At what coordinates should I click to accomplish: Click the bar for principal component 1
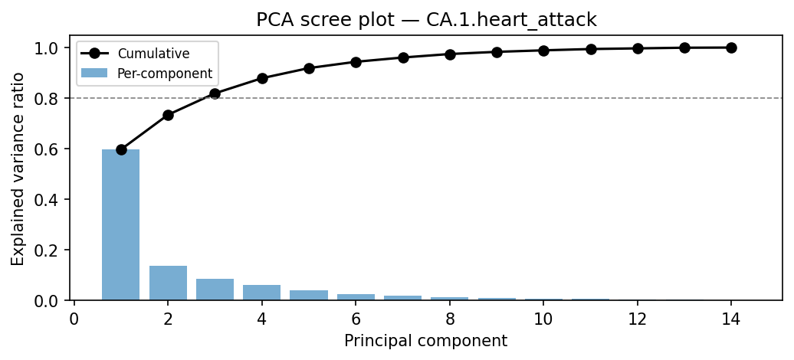pyautogui.click(x=121, y=225)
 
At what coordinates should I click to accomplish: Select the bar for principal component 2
pyautogui.click(x=168, y=283)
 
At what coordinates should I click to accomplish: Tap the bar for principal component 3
pyautogui.click(x=215, y=290)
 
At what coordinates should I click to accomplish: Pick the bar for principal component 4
pyautogui.click(x=262, y=293)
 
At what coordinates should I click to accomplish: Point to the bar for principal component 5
pyautogui.click(x=309, y=295)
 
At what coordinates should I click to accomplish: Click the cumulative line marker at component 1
pyautogui.click(x=121, y=149)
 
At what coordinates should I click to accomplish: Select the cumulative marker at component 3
pyautogui.click(x=215, y=93)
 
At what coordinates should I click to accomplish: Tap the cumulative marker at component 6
pyautogui.click(x=356, y=62)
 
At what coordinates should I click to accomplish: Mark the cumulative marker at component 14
pyautogui.click(x=731, y=47)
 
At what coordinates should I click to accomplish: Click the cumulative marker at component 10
pyautogui.click(x=543, y=51)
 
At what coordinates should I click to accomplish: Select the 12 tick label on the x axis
pyautogui.click(x=637, y=319)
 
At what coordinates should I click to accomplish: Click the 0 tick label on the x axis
pyautogui.click(x=74, y=319)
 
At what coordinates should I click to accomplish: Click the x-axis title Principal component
pyautogui.click(x=425, y=341)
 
